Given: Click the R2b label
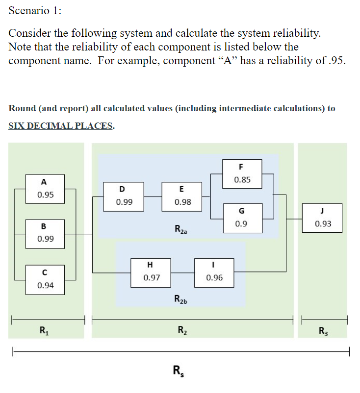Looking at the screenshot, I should tap(181, 299).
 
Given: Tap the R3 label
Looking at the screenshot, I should tap(322, 330).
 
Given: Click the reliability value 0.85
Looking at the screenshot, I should tap(242, 179).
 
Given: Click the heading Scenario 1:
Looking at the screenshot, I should tap(33, 11).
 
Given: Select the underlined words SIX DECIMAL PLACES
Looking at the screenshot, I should tap(61, 125).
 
